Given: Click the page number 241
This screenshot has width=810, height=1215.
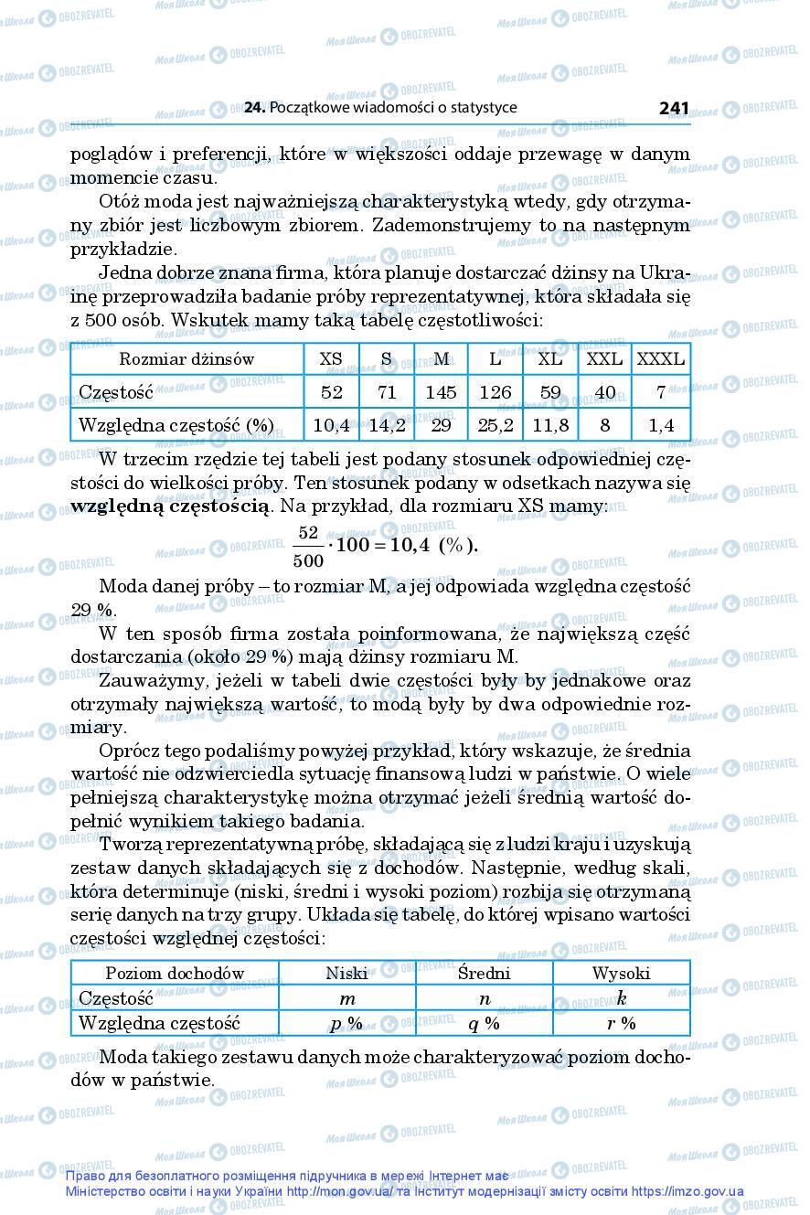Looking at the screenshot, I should (673, 108).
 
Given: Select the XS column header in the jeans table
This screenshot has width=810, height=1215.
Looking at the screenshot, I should (331, 359).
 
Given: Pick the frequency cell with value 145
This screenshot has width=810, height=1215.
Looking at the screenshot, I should (440, 392).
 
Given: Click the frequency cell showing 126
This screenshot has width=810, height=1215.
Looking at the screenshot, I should (495, 392).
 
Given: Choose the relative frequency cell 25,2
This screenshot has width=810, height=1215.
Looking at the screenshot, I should (495, 424).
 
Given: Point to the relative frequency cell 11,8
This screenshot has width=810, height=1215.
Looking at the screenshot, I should (549, 424).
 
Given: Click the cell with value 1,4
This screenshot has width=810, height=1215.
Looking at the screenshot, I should (660, 424).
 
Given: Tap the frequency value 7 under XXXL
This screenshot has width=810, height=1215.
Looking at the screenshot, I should (660, 392).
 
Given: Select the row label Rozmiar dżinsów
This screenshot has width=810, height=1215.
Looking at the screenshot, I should (187, 359).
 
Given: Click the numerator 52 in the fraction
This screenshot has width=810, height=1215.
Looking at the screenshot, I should (307, 532).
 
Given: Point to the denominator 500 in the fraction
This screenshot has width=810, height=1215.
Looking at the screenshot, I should (308, 559).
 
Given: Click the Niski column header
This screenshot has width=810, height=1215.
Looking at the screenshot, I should (346, 973).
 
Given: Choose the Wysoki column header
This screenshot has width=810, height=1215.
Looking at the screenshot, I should (621, 973).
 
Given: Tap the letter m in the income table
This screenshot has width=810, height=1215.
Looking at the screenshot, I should (346, 998).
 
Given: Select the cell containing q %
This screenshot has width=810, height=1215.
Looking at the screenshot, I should (484, 1023).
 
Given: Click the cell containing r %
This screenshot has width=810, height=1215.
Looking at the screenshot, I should (621, 1023).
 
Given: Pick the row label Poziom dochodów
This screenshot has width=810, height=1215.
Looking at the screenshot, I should (175, 973).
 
